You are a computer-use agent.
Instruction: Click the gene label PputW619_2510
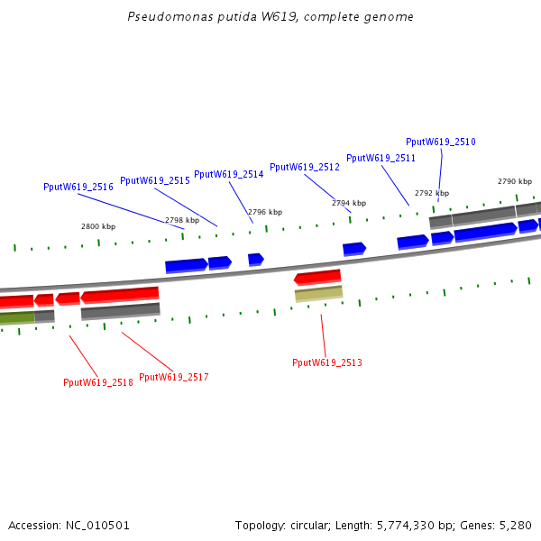tap(441, 142)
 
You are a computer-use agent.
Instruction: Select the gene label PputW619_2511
tap(381, 158)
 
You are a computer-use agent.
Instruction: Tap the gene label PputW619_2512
tap(305, 167)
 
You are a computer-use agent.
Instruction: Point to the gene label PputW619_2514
tap(229, 174)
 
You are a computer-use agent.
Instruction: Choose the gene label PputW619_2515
tap(155, 180)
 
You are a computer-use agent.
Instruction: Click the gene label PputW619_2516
tap(78, 187)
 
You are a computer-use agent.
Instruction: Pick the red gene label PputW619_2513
tap(327, 362)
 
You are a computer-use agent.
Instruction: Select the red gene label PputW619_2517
tap(174, 377)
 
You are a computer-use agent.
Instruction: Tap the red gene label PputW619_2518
tap(98, 382)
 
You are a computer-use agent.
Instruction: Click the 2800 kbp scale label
tap(98, 227)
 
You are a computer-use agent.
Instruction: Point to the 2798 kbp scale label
tap(181, 220)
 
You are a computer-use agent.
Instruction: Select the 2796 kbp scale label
tap(265, 212)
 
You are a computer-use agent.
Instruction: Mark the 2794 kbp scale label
tap(349, 203)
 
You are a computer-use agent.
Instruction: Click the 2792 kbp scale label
tap(432, 193)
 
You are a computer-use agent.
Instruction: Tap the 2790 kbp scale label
tap(515, 181)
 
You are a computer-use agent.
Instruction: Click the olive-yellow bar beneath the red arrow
tap(318, 294)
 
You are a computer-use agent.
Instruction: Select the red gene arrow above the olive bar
tap(317, 277)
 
